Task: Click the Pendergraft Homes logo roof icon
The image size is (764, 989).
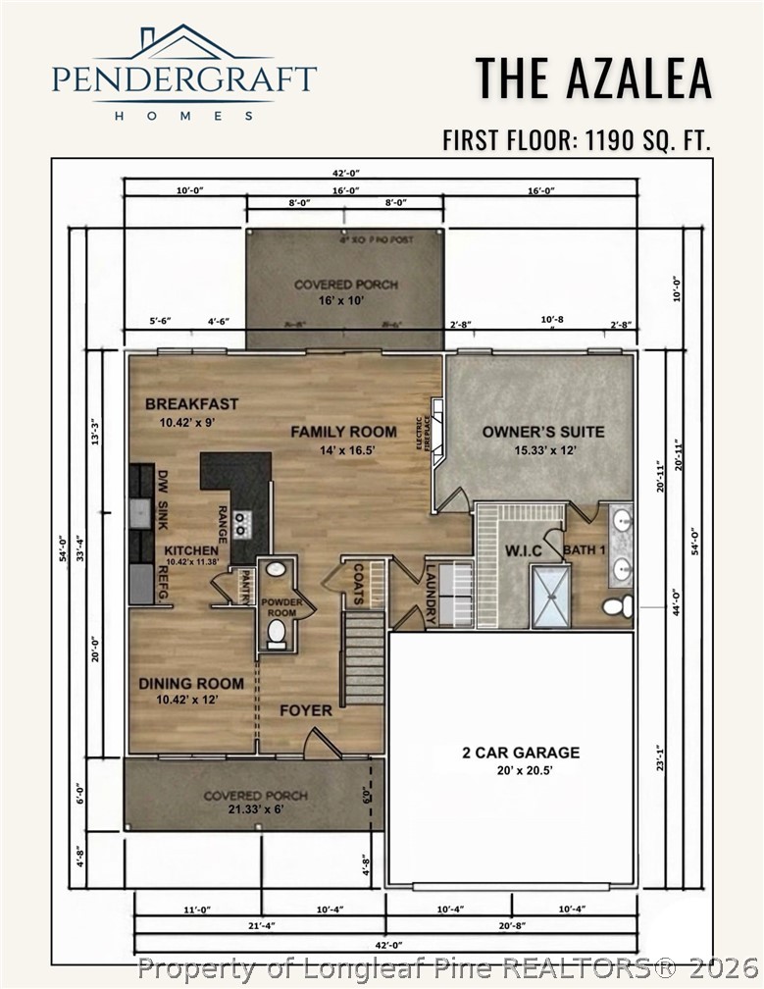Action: [x=182, y=42]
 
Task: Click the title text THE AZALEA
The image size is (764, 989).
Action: [x=593, y=78]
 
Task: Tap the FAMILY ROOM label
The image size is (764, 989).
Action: [x=343, y=432]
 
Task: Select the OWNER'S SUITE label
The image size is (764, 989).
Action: [x=542, y=432]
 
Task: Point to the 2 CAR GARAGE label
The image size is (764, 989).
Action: [x=521, y=753]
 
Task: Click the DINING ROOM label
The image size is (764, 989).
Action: [x=190, y=684]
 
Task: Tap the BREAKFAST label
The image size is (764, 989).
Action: [x=191, y=404]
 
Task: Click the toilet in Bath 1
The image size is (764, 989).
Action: [x=617, y=606]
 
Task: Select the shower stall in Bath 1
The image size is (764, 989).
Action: [x=550, y=596]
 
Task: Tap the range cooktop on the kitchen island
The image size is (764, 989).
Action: [x=240, y=522]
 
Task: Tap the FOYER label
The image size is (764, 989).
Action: [x=306, y=710]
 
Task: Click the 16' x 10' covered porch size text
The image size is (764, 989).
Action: [x=332, y=300]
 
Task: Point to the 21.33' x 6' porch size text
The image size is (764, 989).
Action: [x=255, y=810]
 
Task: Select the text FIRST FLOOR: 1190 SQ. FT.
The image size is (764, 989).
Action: [x=577, y=140]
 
